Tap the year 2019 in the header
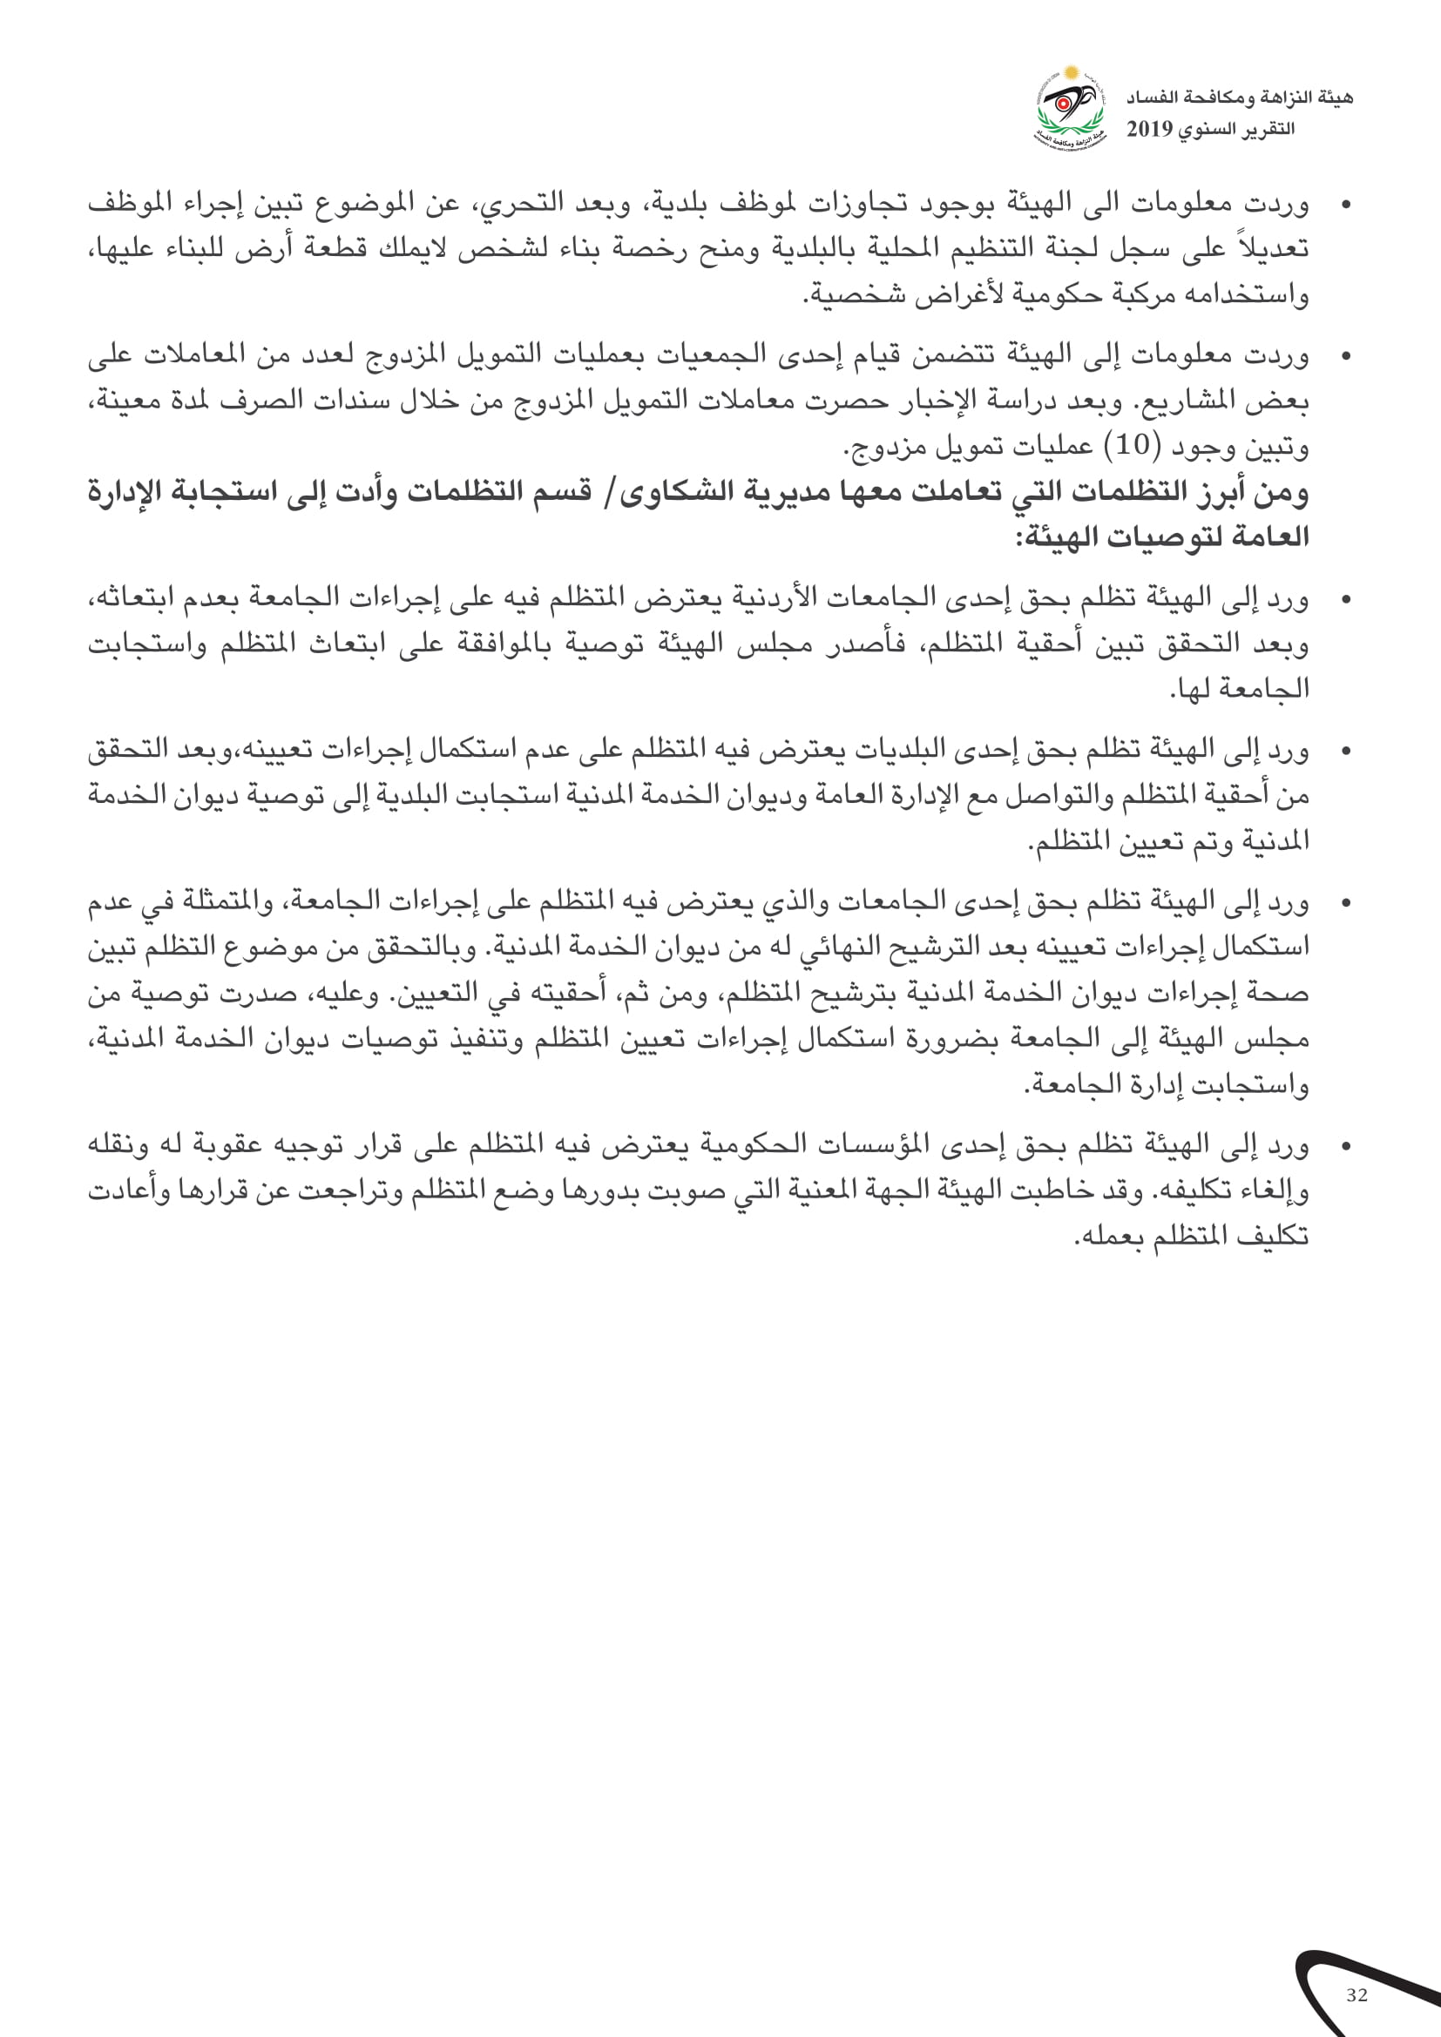pyautogui.click(x=1150, y=130)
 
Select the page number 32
pyautogui.click(x=1356, y=1995)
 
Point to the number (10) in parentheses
pyautogui.click(x=1133, y=445)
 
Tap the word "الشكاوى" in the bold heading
pyautogui.click(x=656, y=490)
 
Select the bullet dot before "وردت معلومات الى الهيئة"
pyautogui.click(x=1346, y=206)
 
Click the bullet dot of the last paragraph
pyautogui.click(x=1346, y=1146)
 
